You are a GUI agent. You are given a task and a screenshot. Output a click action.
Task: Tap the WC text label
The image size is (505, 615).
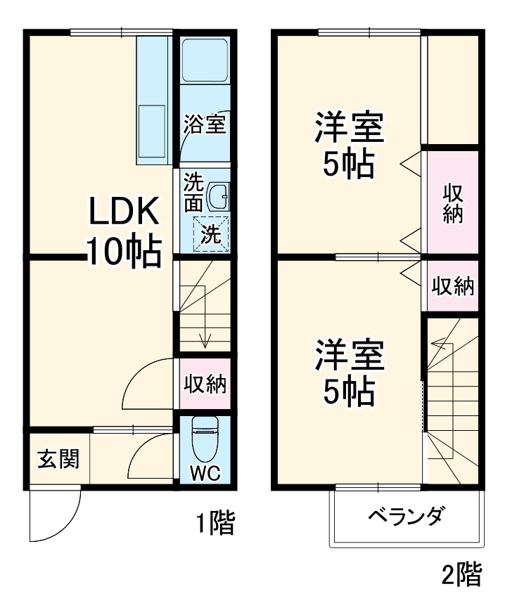(205, 473)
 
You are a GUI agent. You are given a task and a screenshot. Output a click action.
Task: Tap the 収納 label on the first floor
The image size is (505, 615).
(205, 384)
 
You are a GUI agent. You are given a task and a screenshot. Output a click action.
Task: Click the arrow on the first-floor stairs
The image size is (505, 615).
(205, 341)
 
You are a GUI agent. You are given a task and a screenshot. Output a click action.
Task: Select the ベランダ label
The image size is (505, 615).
(406, 519)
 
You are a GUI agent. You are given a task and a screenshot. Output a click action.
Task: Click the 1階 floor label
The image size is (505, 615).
(214, 524)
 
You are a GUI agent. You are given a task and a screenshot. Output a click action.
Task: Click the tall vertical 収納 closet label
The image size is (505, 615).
(453, 203)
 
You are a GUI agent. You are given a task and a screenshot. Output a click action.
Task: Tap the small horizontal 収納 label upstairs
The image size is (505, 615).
(452, 286)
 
